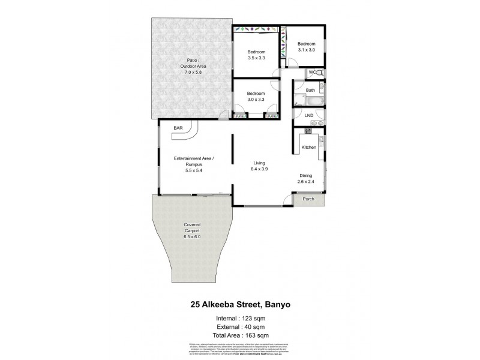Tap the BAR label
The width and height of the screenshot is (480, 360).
click(178, 128)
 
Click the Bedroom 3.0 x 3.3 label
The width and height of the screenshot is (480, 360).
click(256, 97)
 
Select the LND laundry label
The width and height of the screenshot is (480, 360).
click(309, 115)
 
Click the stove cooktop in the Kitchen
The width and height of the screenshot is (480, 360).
click(309, 130)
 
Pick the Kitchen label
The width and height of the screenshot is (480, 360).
click(308, 147)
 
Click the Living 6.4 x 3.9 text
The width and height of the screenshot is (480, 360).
click(260, 166)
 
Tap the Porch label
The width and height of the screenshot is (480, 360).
click(308, 199)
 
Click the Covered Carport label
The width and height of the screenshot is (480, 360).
click(192, 232)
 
